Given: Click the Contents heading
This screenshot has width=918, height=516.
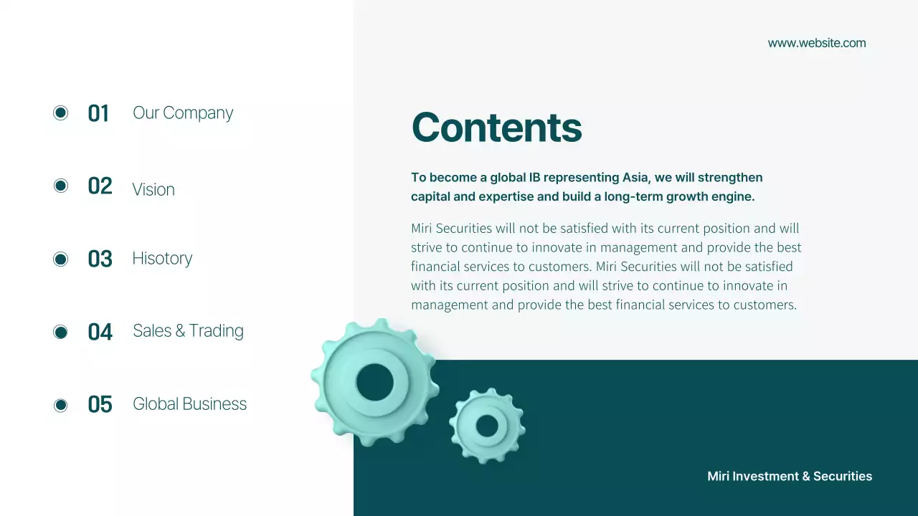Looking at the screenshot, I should tap(496, 128).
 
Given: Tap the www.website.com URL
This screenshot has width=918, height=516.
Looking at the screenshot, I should tap(816, 43).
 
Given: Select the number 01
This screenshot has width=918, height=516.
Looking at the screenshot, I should tap(98, 113).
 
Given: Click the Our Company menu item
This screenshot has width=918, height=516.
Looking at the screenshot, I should tap(183, 113).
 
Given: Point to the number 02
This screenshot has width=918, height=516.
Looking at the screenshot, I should tap(100, 186).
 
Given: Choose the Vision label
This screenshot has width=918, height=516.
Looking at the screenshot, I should tap(153, 189).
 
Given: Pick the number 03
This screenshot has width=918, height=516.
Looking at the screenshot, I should tap(100, 259).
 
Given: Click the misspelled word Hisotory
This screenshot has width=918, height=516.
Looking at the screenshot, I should tap(162, 258).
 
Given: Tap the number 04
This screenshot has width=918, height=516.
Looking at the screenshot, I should tap(100, 332).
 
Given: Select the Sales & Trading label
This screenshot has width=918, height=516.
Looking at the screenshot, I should tap(188, 330).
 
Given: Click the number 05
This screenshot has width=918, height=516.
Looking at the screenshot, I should tap(100, 405).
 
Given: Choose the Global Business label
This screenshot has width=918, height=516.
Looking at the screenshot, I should tap(189, 404).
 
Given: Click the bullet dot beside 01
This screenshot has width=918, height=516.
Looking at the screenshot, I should tap(61, 113).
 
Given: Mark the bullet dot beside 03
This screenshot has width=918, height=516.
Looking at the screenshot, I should tap(61, 259).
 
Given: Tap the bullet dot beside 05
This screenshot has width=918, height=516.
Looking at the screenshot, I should tap(61, 406).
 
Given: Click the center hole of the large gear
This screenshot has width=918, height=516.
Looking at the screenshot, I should tap(375, 382).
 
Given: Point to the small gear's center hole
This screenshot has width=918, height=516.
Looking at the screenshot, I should tap(487, 426).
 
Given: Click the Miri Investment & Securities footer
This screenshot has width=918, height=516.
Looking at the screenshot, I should tap(789, 477).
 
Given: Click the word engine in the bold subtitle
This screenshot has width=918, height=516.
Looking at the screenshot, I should tap(734, 196).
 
